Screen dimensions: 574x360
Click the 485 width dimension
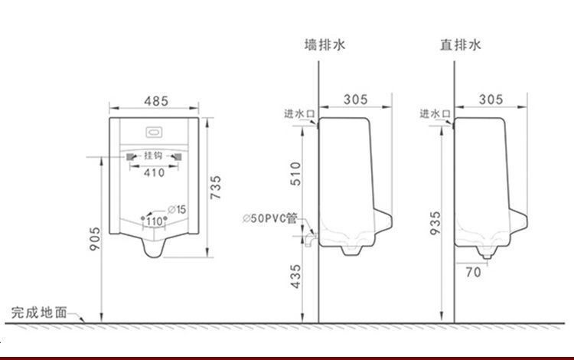(156, 100)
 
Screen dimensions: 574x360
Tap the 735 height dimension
(216, 188)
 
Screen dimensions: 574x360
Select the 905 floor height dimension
(94, 239)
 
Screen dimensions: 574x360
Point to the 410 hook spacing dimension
(154, 172)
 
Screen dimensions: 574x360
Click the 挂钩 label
(152, 155)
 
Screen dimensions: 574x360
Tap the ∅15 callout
(177, 209)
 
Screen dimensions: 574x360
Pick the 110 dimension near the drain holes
(155, 221)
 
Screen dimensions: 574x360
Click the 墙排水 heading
(325, 44)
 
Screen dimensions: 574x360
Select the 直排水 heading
(460, 44)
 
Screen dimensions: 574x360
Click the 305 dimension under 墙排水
(355, 100)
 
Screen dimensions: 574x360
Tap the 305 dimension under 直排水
(491, 100)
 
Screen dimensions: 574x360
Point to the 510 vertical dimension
(295, 174)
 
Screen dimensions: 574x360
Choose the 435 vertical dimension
(295, 277)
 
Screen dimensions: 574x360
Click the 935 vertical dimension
(435, 223)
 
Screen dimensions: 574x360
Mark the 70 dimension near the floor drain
(473, 272)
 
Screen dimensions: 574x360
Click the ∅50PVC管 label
(270, 218)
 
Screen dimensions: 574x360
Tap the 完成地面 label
(39, 313)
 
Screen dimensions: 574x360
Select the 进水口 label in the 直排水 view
(435, 114)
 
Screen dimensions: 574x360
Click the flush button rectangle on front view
(154, 133)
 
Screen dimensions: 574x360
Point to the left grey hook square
(130, 157)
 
